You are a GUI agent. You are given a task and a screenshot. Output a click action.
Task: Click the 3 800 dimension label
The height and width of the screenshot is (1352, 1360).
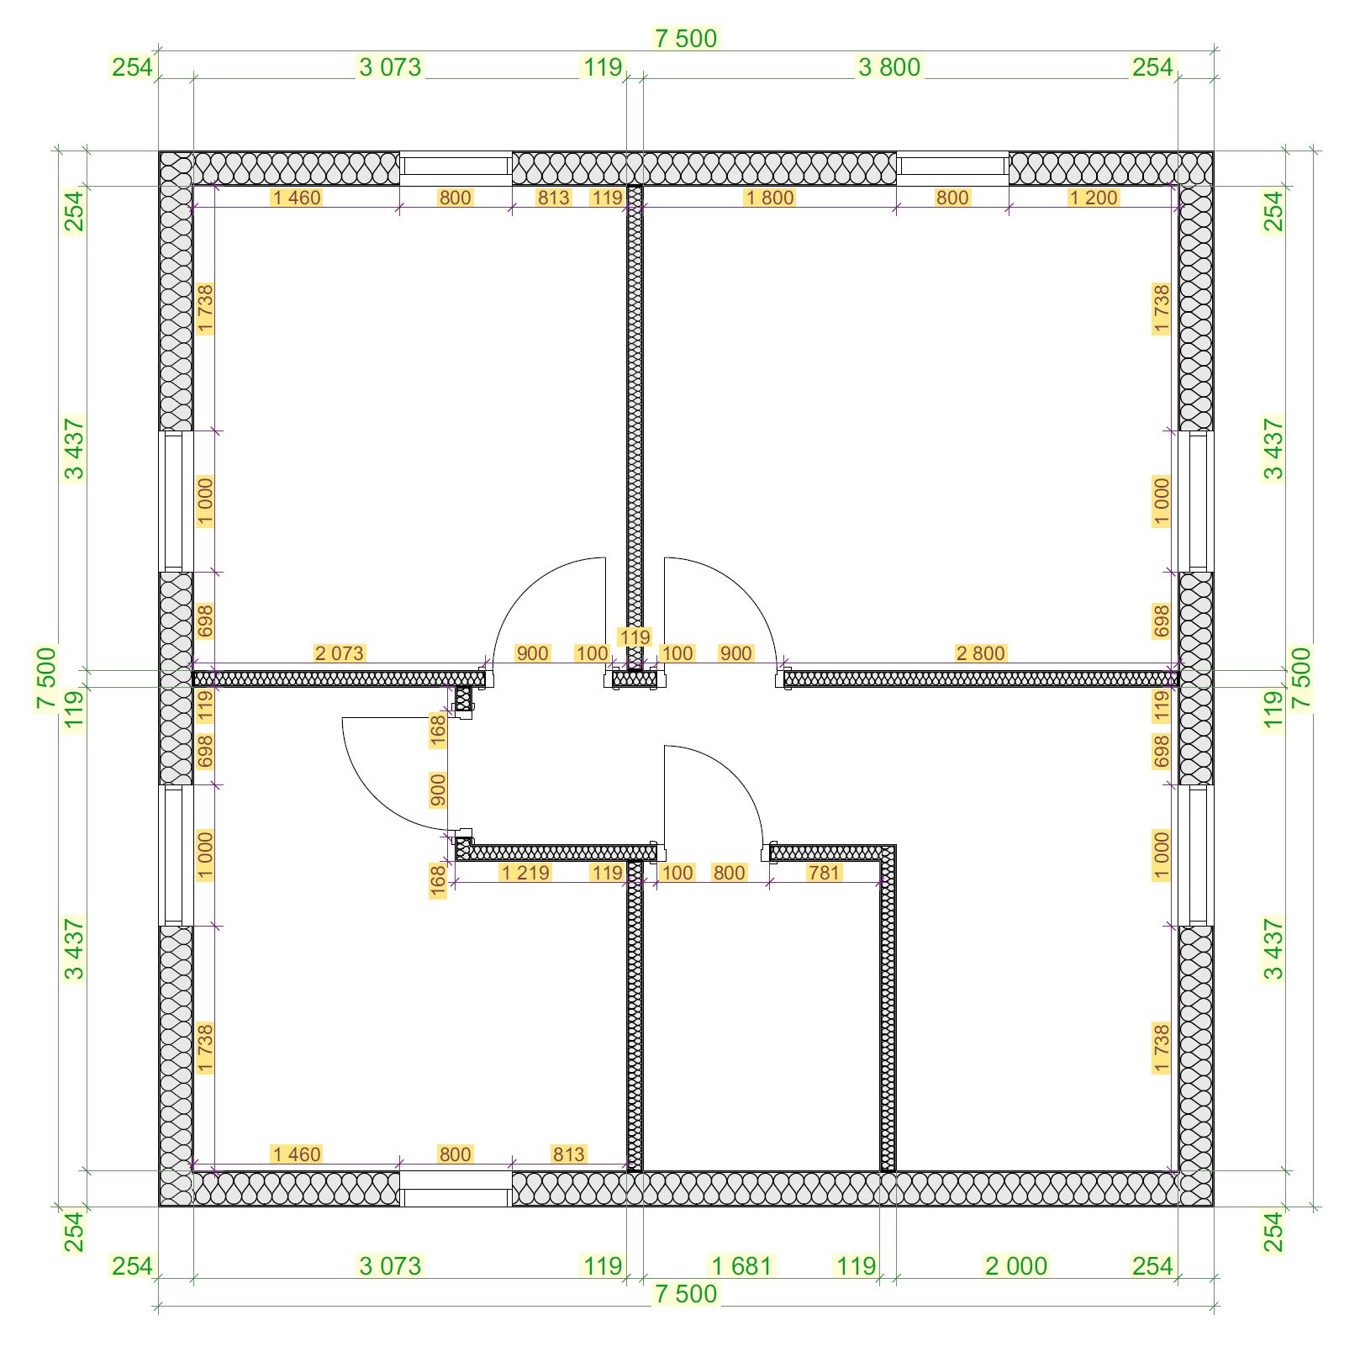tap(889, 67)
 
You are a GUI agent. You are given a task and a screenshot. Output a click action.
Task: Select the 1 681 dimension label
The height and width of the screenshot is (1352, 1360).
tap(741, 1265)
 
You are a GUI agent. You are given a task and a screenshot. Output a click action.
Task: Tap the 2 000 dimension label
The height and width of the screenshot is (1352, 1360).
tap(1016, 1265)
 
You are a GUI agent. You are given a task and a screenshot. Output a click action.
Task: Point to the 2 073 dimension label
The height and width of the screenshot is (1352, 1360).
tap(340, 653)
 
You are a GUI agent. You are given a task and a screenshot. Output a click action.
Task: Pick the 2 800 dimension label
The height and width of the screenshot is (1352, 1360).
tap(980, 653)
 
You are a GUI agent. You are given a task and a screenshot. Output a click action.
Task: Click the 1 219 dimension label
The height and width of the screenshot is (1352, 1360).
tap(525, 873)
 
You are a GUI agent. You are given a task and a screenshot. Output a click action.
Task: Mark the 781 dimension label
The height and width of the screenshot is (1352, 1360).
tap(824, 873)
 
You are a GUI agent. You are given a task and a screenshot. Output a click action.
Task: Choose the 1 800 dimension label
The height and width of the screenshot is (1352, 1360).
tap(770, 198)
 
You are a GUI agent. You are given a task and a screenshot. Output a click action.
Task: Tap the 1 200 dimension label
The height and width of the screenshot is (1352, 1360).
tap(1094, 198)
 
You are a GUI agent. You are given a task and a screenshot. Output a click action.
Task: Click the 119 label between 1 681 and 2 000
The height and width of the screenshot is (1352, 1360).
tap(857, 1265)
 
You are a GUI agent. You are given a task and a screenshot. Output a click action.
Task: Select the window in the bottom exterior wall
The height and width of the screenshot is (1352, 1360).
tap(456, 1189)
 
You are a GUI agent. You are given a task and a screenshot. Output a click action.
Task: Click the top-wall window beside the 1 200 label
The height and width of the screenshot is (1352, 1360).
tap(953, 168)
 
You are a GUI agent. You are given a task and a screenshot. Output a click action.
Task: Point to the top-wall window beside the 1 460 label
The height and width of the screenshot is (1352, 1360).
tap(456, 168)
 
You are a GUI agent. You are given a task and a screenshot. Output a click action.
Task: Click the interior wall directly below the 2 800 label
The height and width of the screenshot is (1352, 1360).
tap(981, 679)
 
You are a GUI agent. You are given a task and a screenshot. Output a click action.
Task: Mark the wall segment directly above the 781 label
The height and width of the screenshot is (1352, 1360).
tap(828, 853)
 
